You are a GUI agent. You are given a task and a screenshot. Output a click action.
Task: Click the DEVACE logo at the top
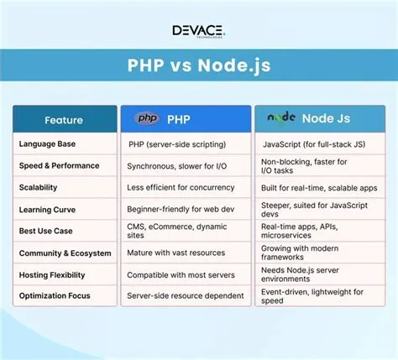click(x=198, y=31)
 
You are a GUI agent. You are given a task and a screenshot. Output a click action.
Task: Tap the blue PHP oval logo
click(x=149, y=119)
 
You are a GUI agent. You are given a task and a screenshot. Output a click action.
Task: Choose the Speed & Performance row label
click(x=59, y=166)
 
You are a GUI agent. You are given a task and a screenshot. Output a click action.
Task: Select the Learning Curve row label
click(x=48, y=209)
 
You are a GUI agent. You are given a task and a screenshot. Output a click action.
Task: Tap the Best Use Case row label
click(x=47, y=230)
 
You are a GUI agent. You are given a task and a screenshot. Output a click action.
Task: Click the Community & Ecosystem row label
click(x=64, y=252)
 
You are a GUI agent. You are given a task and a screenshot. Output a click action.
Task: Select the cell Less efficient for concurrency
click(x=180, y=188)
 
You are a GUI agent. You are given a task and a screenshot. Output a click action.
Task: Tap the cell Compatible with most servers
click(x=180, y=274)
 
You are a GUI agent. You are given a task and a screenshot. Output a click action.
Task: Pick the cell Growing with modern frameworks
click(x=302, y=252)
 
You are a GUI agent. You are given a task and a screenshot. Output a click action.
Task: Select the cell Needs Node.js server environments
click(x=302, y=274)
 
